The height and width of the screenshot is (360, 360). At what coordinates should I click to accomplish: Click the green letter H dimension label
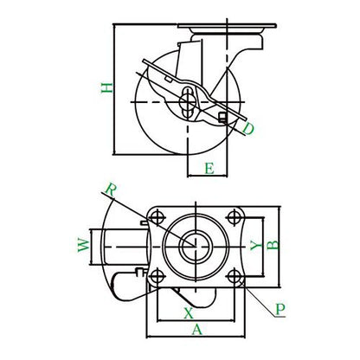click(107, 87)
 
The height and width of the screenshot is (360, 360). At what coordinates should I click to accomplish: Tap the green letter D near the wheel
click(248, 129)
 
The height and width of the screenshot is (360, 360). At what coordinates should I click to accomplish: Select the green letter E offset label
click(209, 168)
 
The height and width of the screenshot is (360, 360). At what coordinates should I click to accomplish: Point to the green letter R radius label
click(110, 190)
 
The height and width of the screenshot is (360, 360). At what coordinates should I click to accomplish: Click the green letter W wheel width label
click(84, 245)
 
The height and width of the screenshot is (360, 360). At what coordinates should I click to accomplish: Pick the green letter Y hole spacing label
click(255, 245)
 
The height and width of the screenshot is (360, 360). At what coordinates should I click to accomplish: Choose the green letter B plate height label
click(273, 245)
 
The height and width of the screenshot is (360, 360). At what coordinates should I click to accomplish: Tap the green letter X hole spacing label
click(189, 313)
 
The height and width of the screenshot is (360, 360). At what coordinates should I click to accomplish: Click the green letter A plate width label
click(197, 330)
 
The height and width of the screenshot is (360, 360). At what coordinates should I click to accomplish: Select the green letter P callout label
click(280, 309)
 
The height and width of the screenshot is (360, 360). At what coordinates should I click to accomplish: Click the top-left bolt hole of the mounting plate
click(157, 217)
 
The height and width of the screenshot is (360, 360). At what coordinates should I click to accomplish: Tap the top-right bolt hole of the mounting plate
click(235, 217)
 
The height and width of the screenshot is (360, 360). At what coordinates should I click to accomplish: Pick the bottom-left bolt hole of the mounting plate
click(157, 276)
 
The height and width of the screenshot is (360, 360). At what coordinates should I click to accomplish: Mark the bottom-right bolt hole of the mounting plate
click(235, 276)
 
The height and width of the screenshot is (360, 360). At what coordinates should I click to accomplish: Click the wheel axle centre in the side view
click(188, 102)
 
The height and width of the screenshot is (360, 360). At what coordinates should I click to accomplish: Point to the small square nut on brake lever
click(222, 117)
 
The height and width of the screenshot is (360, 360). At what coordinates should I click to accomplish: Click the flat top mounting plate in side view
click(227, 26)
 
